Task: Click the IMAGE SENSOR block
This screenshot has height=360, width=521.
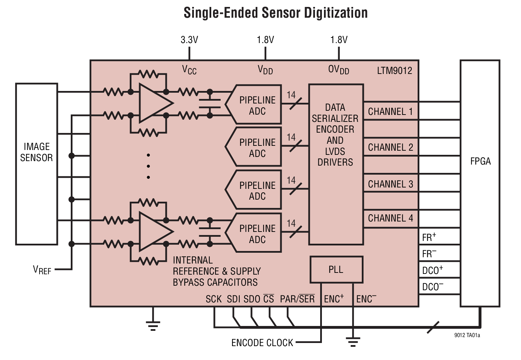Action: (x=36, y=152)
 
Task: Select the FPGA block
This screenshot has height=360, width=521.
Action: (x=480, y=161)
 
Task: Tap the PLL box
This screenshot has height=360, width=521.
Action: (x=336, y=269)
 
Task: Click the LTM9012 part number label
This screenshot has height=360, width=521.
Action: (x=394, y=71)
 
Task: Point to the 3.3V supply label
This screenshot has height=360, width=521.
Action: (x=189, y=40)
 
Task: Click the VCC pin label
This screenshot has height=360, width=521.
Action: (x=189, y=70)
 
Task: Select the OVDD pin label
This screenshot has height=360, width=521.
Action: (x=339, y=70)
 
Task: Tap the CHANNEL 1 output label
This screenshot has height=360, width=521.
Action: (x=390, y=111)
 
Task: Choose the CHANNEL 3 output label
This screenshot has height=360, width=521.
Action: (x=390, y=184)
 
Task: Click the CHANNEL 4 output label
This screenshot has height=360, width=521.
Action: (x=390, y=218)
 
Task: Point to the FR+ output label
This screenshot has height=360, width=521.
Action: (x=429, y=237)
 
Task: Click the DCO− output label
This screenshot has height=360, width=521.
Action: (x=433, y=287)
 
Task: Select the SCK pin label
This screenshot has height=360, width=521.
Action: (x=213, y=299)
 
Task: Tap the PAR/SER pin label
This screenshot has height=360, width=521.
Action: (x=297, y=299)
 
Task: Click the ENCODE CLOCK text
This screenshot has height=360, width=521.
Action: (x=262, y=343)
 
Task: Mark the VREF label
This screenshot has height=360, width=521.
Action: (x=42, y=270)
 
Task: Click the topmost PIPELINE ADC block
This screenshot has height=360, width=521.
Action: (x=257, y=105)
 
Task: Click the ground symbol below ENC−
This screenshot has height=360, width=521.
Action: (x=353, y=342)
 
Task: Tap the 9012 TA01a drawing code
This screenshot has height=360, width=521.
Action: (x=467, y=335)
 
